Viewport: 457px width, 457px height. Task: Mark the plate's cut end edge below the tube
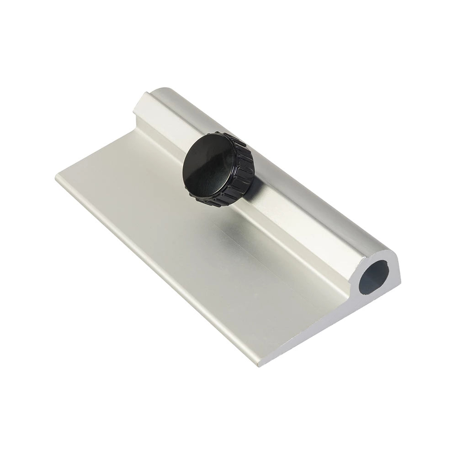click(315, 338)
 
